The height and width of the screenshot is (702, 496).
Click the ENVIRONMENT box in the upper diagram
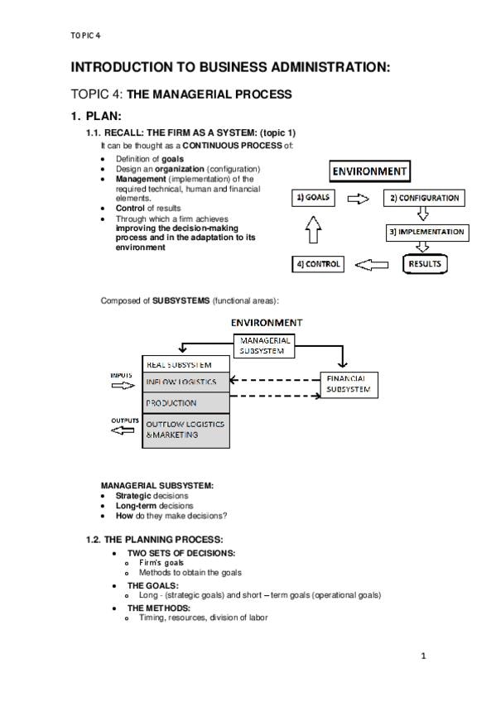point(370,171)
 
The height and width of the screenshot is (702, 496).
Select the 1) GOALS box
point(313,197)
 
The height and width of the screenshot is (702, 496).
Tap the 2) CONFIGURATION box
point(424,198)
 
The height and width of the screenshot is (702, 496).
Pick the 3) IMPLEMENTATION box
point(427,233)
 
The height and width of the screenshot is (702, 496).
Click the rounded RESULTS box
point(425,264)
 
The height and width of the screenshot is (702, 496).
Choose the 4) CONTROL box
point(318,264)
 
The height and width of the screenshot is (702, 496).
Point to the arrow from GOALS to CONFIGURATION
point(359,199)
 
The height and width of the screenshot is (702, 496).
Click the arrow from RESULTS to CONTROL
point(372,265)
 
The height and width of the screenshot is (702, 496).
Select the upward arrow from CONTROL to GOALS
point(313,229)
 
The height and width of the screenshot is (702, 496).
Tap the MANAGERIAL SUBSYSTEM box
point(264,346)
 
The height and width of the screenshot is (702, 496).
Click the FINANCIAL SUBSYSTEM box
point(349,385)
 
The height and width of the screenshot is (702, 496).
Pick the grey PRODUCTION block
point(185,403)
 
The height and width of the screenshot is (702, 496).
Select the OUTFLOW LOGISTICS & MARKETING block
point(185,430)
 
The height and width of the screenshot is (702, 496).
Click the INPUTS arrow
point(123,386)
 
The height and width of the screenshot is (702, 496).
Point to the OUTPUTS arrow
point(123,430)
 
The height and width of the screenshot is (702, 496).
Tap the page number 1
point(423,656)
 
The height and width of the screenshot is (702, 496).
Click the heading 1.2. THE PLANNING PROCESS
point(155,540)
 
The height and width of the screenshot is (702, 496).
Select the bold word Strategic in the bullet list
point(133,496)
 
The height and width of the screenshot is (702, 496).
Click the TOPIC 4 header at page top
point(85,36)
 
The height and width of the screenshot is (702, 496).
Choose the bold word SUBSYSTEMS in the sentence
point(181,301)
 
